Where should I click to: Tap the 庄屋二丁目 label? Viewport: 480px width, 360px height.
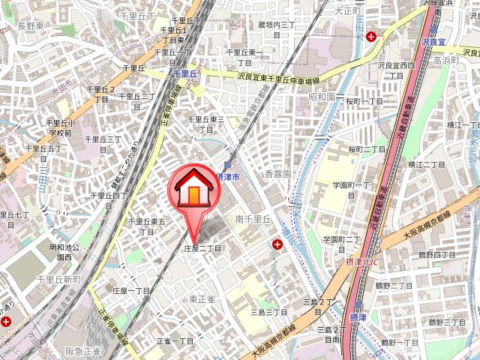pyautogui.click(x=202, y=248)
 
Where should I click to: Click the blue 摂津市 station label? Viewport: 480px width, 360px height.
pyautogui.click(x=226, y=176)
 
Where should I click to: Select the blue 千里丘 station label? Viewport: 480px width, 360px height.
pyautogui.click(x=184, y=75)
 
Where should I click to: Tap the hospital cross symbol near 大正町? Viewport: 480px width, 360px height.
pyautogui.click(x=373, y=36)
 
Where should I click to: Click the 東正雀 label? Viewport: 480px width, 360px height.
pyautogui.click(x=202, y=298)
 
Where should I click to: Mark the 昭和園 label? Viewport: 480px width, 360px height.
pyautogui.click(x=321, y=97)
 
